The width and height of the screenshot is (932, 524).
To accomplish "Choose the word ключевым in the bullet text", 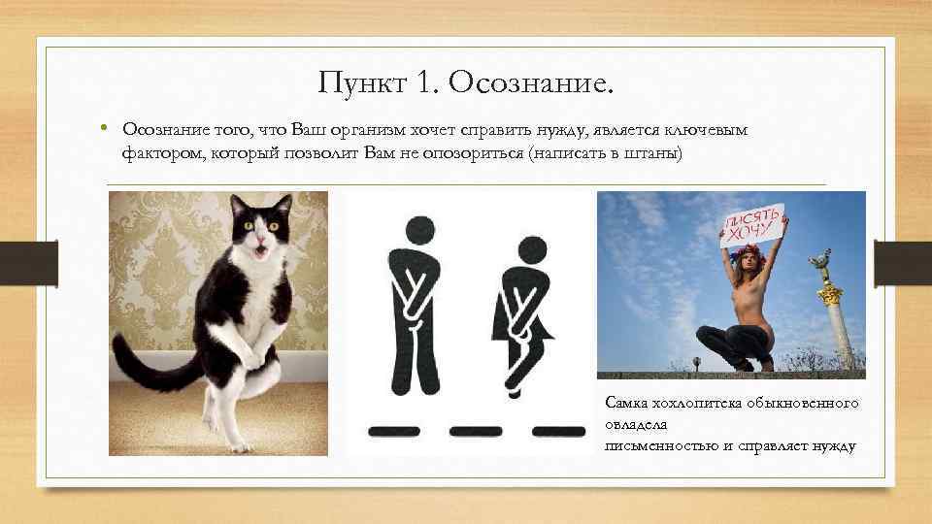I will [710, 130].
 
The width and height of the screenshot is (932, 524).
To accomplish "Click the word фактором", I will [162, 152].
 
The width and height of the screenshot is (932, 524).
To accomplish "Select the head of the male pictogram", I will [418, 230].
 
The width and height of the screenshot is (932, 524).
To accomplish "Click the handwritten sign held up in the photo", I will [750, 224].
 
